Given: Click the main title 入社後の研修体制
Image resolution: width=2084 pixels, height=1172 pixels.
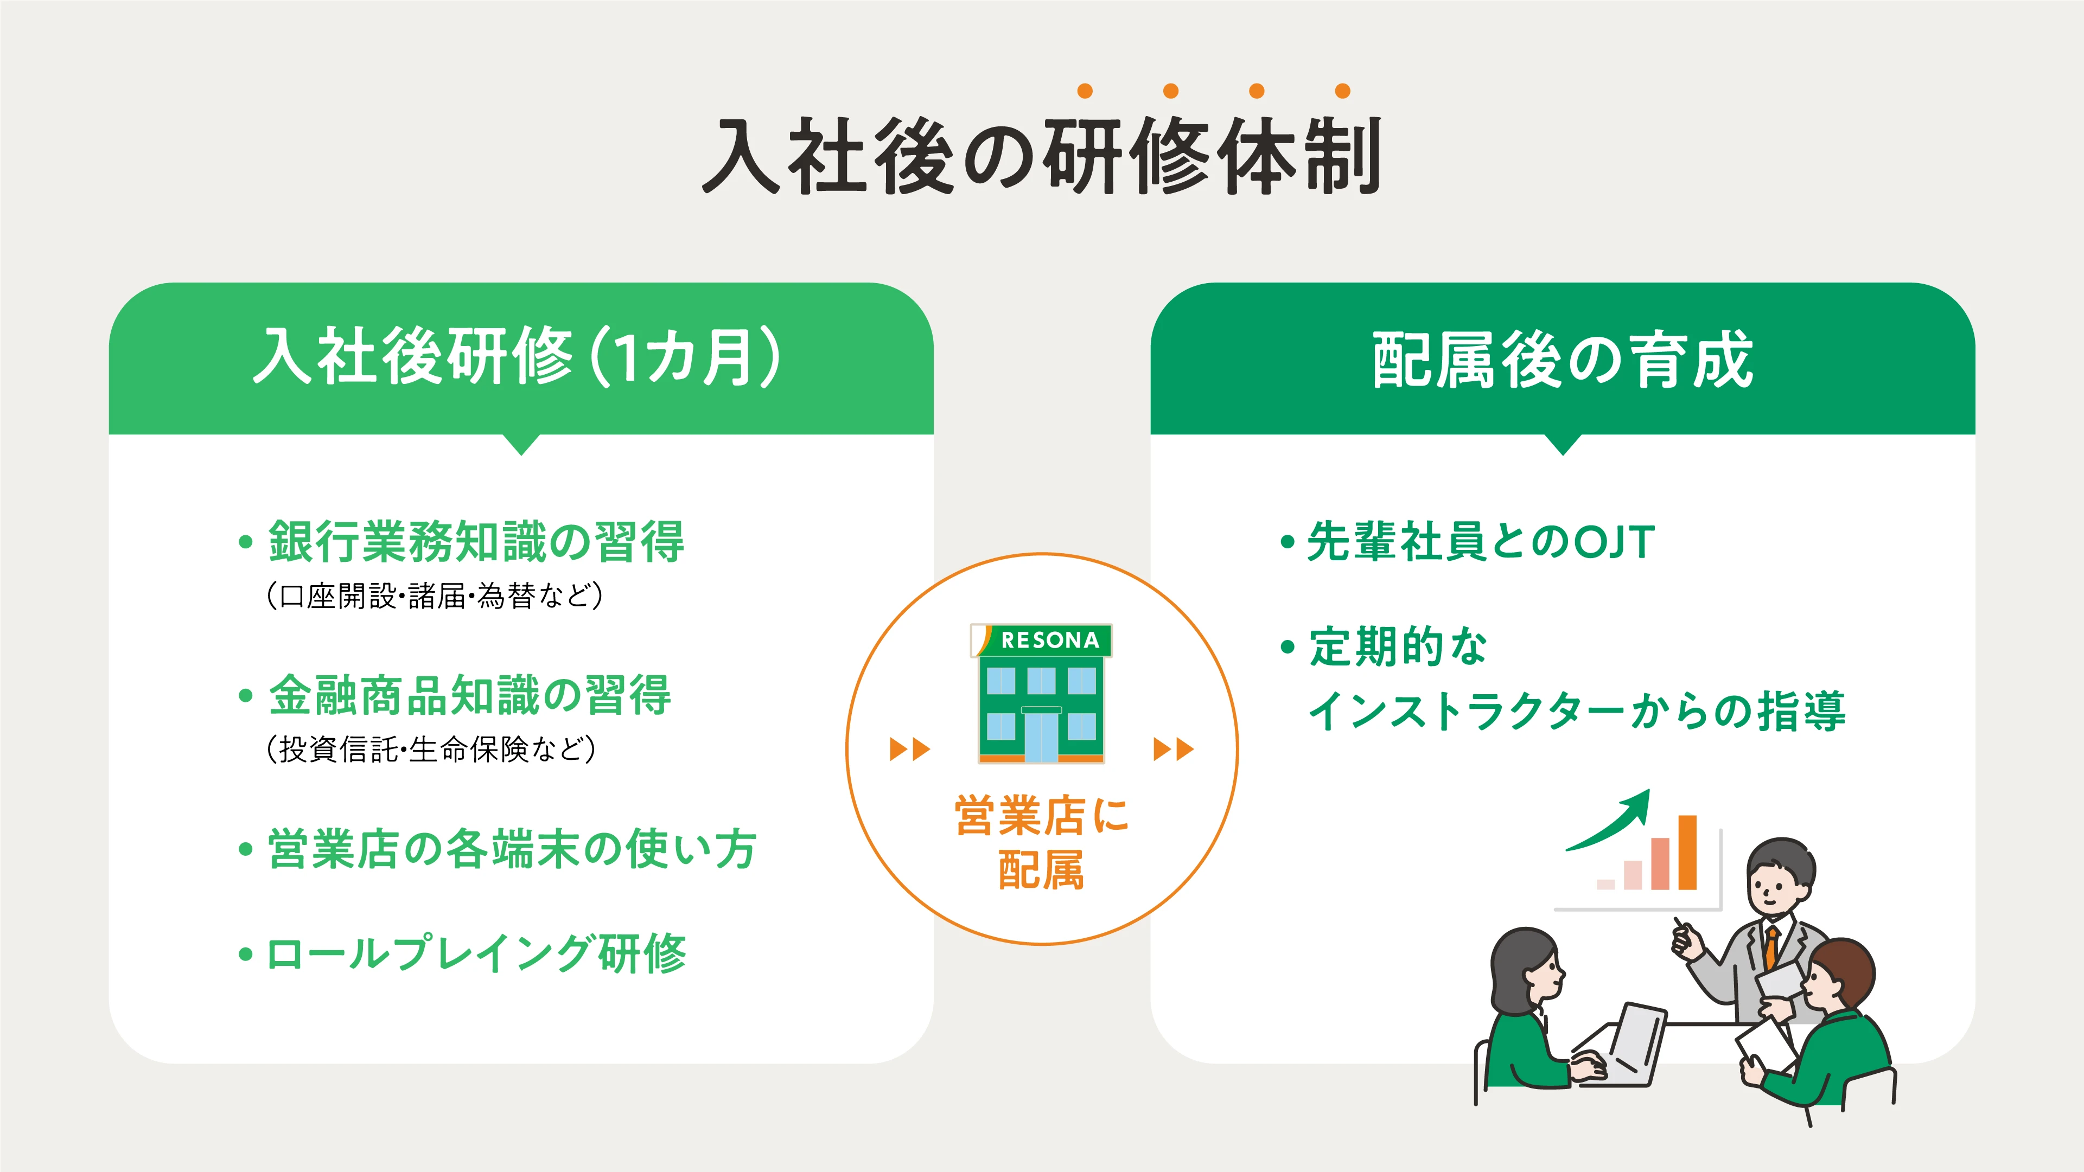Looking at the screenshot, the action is (1042, 155).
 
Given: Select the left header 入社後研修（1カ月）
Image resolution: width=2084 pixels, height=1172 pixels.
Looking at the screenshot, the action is (518, 357).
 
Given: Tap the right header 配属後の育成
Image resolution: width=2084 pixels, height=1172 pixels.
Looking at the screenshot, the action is (1563, 359).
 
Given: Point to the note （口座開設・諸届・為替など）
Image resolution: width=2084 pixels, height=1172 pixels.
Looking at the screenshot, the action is (435, 595).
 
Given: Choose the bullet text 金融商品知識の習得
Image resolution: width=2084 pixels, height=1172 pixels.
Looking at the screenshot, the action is (470, 695).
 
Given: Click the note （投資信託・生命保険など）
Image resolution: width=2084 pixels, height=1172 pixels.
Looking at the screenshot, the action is (430, 749).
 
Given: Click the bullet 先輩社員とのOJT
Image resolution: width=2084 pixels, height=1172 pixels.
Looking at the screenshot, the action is (1481, 541).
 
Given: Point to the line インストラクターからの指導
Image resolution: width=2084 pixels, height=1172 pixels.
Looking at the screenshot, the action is (1577, 711).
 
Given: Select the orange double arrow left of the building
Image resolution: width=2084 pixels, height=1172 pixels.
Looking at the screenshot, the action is (909, 749).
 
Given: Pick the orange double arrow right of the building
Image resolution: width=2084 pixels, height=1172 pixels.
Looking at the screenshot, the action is (1173, 749).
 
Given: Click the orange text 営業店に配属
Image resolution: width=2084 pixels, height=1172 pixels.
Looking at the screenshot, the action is (1042, 843).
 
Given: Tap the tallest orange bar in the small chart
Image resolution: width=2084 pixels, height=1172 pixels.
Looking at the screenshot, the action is (1687, 853).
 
